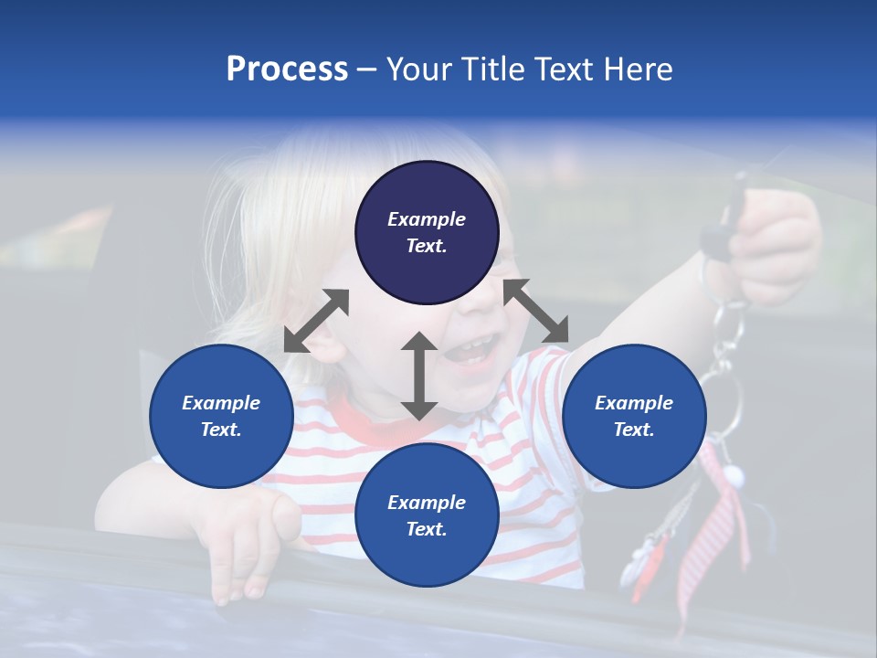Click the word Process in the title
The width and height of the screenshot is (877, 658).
point(287,69)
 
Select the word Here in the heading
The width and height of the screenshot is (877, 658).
point(639,69)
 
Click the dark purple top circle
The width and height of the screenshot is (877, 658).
point(427,233)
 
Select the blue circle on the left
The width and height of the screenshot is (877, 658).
point(221,416)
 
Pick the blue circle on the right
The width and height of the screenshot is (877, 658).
point(634,416)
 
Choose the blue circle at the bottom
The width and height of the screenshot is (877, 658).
point(427,515)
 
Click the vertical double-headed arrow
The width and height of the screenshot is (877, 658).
point(418,376)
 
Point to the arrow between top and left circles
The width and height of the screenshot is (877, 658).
point(316,321)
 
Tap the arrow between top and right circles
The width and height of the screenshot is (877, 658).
point(535,312)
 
